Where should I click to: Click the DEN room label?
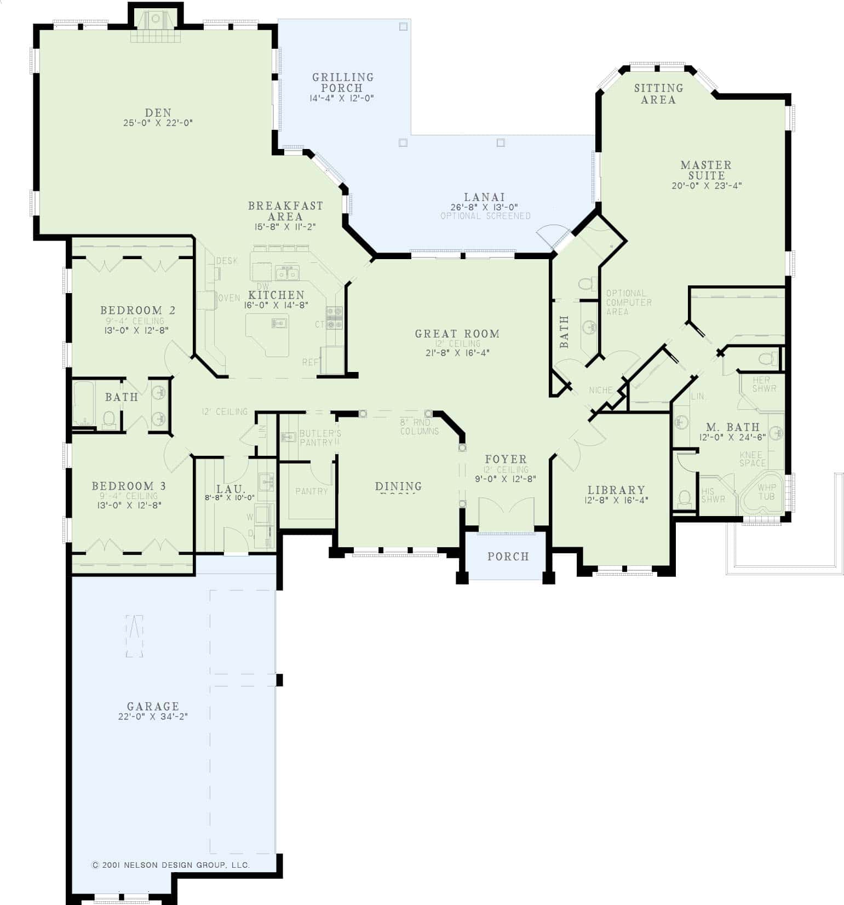158,113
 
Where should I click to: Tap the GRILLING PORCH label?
343,82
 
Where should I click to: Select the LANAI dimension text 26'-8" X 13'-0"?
485,207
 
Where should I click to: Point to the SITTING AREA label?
658,94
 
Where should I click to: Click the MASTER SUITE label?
706,170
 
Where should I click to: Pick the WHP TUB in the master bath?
766,492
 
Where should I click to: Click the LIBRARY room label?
616,490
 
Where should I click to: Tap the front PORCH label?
508,557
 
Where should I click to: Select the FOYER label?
506,459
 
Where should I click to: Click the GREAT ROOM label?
457,334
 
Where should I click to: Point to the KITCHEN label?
277,295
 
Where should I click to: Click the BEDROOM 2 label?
137,311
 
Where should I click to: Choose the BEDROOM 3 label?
129,486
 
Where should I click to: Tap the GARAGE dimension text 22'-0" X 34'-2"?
153,717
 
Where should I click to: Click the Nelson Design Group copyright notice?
170,865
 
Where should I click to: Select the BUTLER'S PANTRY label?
320,438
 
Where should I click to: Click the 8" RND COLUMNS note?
419,427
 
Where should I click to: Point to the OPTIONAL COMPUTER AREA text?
628,302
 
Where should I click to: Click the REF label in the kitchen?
309,363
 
